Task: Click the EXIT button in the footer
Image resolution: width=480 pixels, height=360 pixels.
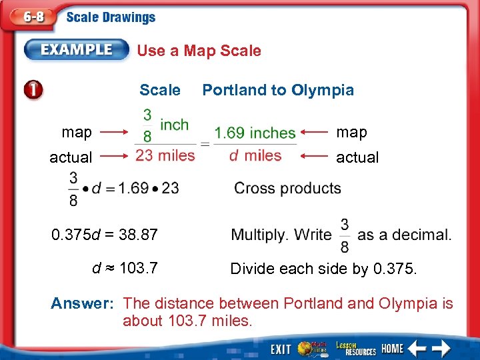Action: coord(281,348)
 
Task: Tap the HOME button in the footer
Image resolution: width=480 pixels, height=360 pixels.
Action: coord(393,348)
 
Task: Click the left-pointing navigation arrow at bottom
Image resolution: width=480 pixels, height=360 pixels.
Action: coord(417,348)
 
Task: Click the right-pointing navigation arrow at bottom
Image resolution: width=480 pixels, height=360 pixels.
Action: coord(441,348)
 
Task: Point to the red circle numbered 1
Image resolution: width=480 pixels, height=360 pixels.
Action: coord(32,90)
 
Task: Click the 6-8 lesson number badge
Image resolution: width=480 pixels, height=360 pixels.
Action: coord(31,17)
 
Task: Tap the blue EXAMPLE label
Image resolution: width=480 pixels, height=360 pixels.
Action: coord(77,50)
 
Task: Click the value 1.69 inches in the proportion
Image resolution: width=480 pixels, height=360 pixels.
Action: coord(255,133)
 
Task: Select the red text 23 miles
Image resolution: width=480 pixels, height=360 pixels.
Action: coord(165,155)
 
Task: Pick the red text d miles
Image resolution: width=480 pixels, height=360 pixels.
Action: coord(255,155)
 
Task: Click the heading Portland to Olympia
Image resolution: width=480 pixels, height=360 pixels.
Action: coord(278,90)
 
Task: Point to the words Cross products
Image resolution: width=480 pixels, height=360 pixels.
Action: coord(287,189)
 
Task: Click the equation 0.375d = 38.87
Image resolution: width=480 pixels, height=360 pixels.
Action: coord(105,235)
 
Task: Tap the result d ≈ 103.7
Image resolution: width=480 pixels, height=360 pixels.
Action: coord(125,268)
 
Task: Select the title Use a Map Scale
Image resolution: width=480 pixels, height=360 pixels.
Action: coord(199,51)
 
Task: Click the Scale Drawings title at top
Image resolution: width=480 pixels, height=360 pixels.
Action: coord(111,18)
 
